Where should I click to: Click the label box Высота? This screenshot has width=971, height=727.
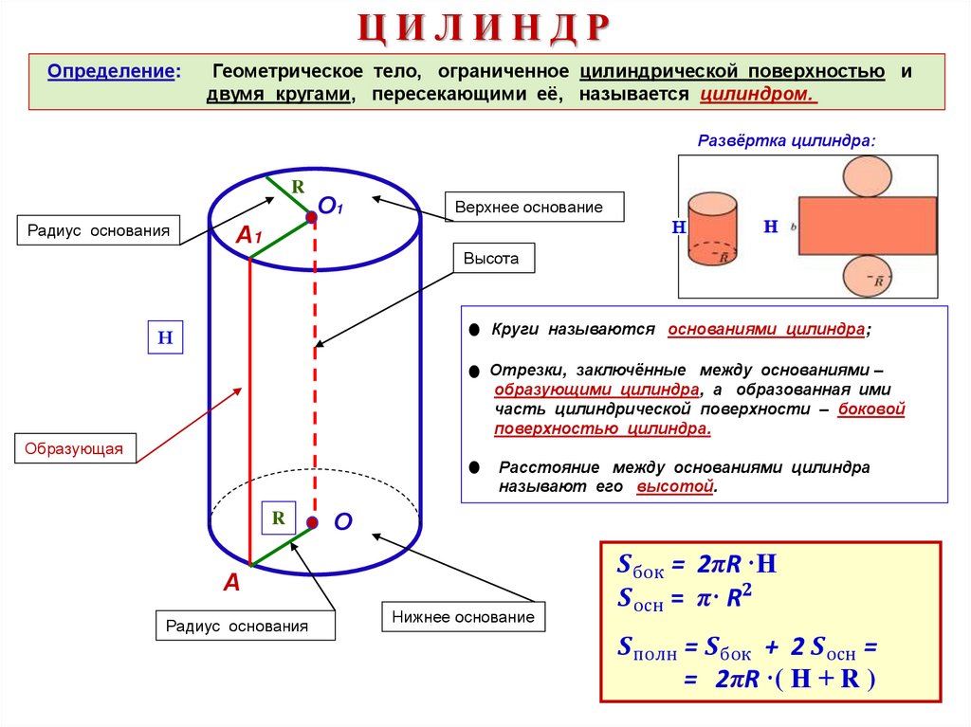tap(492, 258)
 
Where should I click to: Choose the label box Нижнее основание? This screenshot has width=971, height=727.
tap(464, 617)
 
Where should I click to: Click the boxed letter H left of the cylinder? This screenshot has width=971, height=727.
tap(164, 337)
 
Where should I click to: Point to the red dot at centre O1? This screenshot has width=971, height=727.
tap(312, 218)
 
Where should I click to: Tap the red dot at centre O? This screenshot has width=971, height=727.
tap(312, 521)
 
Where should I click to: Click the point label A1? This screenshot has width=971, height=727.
tap(248, 236)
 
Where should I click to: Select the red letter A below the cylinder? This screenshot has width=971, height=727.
tap(231, 584)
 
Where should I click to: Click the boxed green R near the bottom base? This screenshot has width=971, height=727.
tap(279, 518)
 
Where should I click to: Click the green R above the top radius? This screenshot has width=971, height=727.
tap(297, 187)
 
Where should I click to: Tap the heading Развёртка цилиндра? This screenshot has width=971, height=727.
tap(787, 140)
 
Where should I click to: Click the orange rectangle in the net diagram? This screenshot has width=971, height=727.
tap(867, 226)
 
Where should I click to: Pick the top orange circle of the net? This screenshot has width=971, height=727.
tap(866, 174)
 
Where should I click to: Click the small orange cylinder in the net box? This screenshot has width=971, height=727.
tap(712, 230)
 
